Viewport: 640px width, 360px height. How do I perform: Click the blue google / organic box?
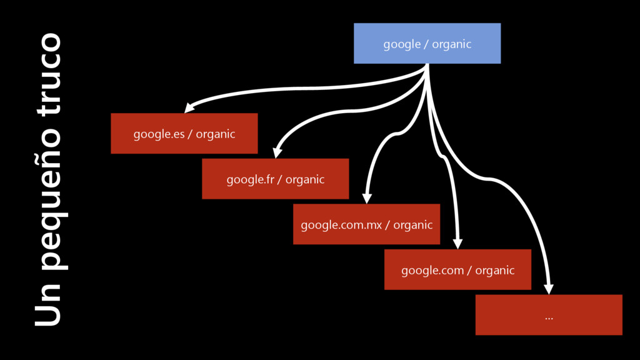click(x=427, y=43)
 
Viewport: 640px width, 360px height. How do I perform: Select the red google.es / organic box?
click(x=184, y=133)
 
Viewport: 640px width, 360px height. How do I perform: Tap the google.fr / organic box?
click(x=275, y=179)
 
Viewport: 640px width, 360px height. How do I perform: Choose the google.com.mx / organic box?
click(x=366, y=224)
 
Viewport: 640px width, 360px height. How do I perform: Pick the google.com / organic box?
click(x=457, y=269)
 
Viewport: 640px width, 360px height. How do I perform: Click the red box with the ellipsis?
click(x=549, y=314)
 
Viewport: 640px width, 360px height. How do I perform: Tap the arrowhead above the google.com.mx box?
click(x=367, y=197)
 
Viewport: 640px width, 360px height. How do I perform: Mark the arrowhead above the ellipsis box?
click(x=548, y=288)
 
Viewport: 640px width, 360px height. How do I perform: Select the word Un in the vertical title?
click(x=49, y=305)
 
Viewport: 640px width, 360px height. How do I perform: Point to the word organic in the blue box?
click(x=451, y=44)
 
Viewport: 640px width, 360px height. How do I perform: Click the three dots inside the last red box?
click(x=549, y=317)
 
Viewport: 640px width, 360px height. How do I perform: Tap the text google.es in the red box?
click(x=159, y=134)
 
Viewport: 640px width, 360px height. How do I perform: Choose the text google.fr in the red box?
click(x=250, y=179)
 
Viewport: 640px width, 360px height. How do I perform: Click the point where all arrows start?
click(x=427, y=65)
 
